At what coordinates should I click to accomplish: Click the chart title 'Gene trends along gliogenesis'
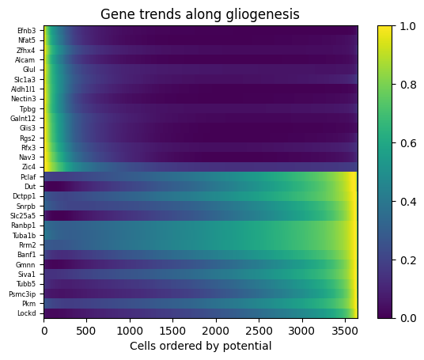[x=200, y=14]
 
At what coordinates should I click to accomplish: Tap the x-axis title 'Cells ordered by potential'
[x=201, y=346]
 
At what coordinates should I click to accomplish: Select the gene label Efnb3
[x=27, y=31]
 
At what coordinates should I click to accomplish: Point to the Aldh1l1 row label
[x=23, y=89]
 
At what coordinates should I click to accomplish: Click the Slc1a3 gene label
[x=25, y=80]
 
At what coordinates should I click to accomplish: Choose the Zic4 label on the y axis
[x=29, y=167]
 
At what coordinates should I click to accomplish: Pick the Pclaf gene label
[x=28, y=177]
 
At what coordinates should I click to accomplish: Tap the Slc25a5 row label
[x=23, y=216]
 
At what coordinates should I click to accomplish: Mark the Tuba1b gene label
[x=24, y=236]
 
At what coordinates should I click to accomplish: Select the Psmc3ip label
[x=22, y=294]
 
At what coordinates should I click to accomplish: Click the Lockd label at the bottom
[x=27, y=313]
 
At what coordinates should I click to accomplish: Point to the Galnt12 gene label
[x=23, y=119]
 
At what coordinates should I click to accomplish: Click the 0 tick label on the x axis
[x=44, y=331]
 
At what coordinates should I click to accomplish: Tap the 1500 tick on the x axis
[x=173, y=331]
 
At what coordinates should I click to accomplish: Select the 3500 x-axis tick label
[x=345, y=331]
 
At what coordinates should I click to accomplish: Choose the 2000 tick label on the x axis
[x=216, y=331]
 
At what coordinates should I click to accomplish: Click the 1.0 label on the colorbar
[x=407, y=27]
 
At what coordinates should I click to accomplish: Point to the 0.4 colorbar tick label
[x=407, y=202]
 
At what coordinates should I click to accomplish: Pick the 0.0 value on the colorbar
[x=407, y=318]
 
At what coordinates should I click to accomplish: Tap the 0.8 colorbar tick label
[x=407, y=85]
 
